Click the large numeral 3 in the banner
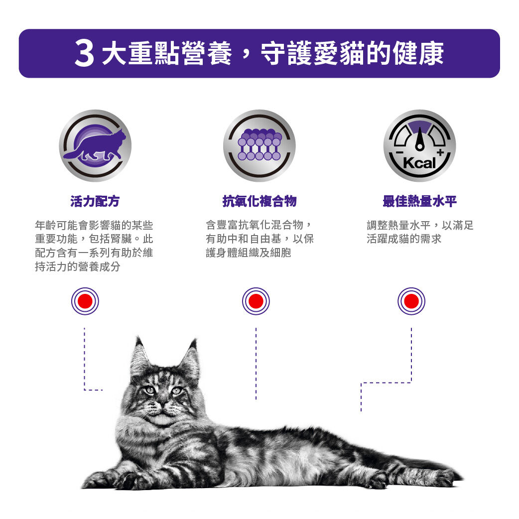tap(84, 54)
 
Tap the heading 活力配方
tap(95, 201)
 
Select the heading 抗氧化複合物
tap(259, 201)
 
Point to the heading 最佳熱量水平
tap(419, 201)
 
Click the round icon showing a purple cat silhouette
tap(95, 145)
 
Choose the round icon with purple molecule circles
tap(259, 145)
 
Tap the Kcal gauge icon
tap(419, 145)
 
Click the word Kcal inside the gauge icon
tap(419, 163)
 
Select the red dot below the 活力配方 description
tap(85, 301)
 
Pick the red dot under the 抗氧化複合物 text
tap(256, 301)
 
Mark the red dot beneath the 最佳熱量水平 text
tap(411, 301)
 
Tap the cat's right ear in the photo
tap(190, 357)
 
